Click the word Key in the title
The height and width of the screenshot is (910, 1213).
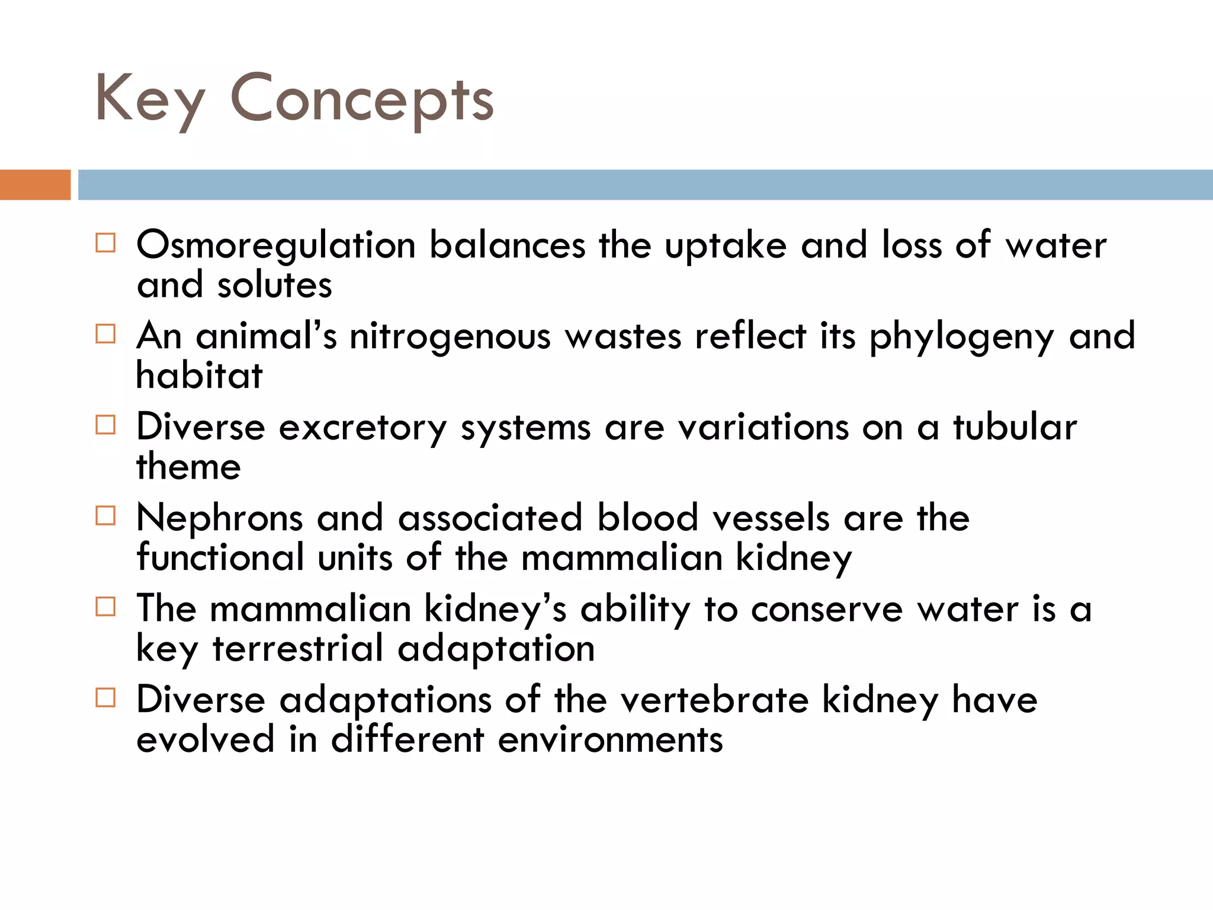click(x=150, y=100)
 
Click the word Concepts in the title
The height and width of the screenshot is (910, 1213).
click(x=361, y=100)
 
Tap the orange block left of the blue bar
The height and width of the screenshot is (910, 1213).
click(x=35, y=185)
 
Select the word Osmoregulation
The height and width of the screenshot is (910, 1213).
click(x=276, y=245)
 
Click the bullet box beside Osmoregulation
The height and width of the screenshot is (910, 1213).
click(x=105, y=243)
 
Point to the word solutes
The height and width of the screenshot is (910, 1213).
click(x=274, y=286)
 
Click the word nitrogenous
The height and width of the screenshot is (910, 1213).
click(x=450, y=337)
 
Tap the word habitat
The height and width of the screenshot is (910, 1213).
click(x=199, y=376)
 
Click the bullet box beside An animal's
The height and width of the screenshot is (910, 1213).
click(x=105, y=334)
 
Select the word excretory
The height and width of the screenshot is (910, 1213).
click(x=362, y=428)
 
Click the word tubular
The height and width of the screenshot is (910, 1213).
click(x=1015, y=427)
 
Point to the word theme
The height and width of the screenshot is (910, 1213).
click(x=188, y=467)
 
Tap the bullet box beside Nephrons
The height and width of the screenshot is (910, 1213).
click(x=105, y=516)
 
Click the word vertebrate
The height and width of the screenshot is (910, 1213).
click(x=714, y=700)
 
